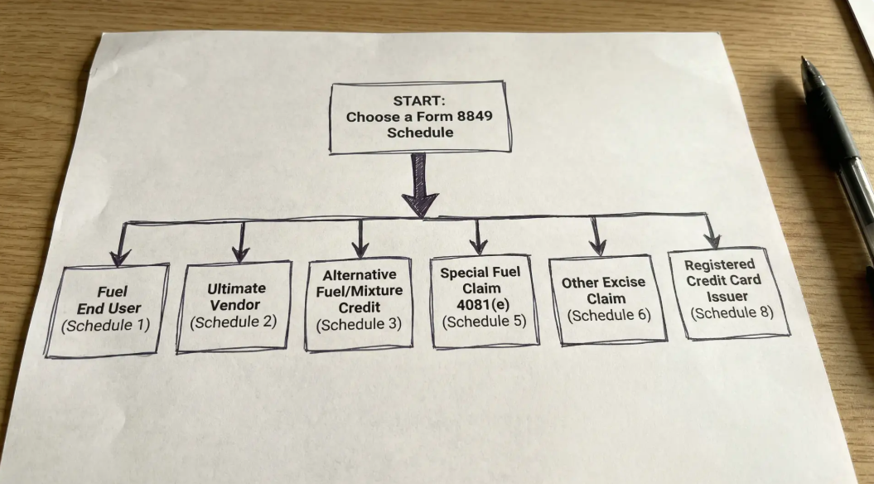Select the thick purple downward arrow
420,186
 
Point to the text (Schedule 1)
105,324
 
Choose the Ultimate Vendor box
234,306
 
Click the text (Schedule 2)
233,322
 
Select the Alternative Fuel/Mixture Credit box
359,305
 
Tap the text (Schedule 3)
359,323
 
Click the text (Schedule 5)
484,320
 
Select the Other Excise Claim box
611,298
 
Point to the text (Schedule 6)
610,315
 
